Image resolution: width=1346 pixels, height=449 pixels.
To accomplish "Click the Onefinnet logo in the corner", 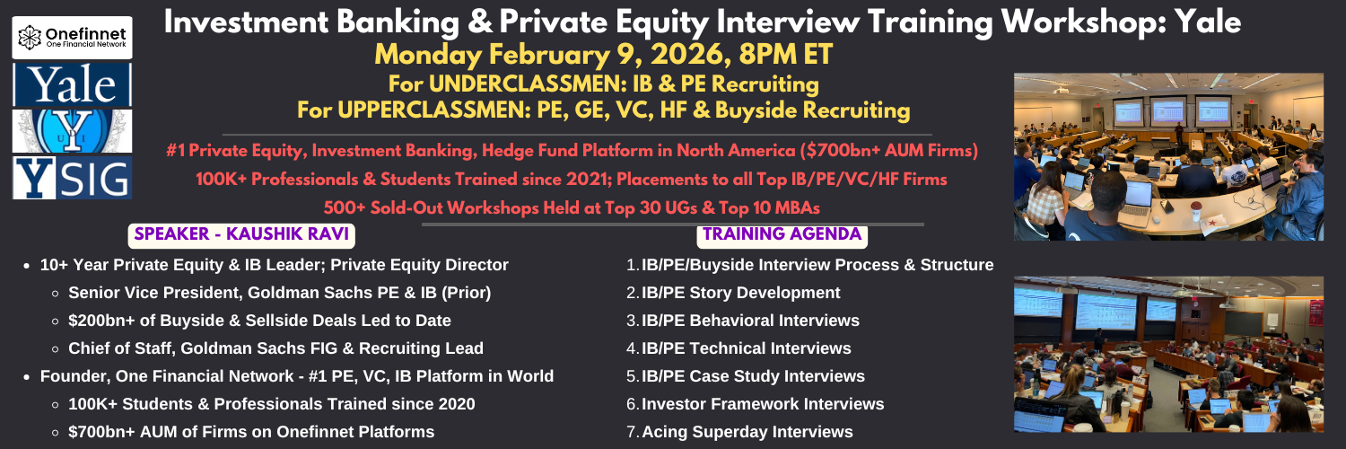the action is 72,38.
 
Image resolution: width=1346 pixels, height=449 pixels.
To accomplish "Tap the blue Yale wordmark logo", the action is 72,84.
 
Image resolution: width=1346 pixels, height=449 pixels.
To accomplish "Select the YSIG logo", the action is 72,178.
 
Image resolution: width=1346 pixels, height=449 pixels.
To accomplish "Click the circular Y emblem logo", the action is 72,131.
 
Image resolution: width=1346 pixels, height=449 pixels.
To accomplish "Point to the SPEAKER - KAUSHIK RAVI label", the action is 241,234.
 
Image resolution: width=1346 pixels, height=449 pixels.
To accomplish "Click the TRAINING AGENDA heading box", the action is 782,234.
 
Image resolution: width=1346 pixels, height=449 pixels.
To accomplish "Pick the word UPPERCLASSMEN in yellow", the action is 432,110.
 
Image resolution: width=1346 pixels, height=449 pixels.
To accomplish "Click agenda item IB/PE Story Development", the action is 741,293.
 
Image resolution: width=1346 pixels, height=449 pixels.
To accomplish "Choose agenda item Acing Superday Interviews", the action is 747,432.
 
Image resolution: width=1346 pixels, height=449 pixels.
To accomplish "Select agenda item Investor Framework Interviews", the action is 763,404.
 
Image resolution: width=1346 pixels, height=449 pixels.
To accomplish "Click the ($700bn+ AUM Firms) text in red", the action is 888,150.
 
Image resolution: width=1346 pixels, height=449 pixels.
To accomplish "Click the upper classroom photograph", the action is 1168,157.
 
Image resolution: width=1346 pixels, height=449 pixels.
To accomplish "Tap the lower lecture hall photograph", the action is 1168,354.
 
